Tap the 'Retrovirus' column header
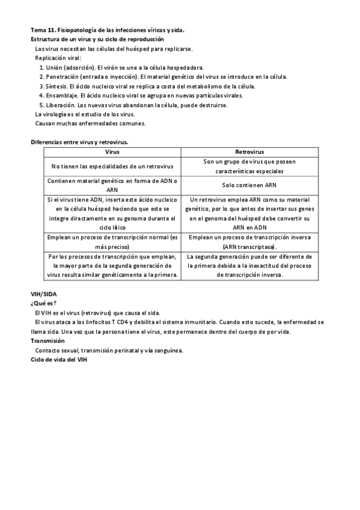point(251,152)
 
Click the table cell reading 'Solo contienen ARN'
point(251,185)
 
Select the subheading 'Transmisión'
point(47,340)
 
